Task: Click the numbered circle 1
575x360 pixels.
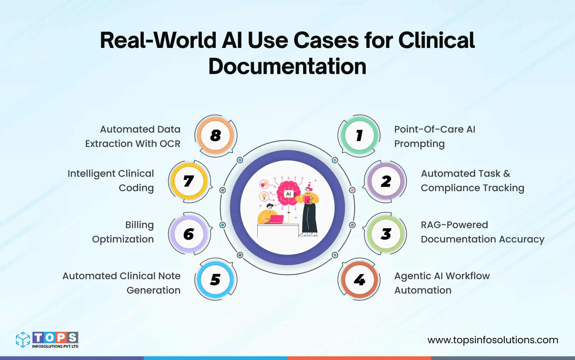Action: tap(359, 135)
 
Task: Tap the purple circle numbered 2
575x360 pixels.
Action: tap(386, 181)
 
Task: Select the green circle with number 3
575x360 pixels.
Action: tap(386, 234)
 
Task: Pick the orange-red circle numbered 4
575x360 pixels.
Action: tap(359, 280)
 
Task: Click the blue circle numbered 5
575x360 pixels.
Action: tap(215, 280)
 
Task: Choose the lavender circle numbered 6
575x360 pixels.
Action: tap(189, 234)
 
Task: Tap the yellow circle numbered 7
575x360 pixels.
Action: tap(189, 181)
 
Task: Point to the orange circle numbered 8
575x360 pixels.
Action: tap(215, 135)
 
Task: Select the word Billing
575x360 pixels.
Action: tap(139, 225)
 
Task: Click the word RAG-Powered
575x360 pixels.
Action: tap(454, 225)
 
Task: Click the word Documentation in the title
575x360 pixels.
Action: tap(287, 66)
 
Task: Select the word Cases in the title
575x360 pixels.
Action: tap(326, 40)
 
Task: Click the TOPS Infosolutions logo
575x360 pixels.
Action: tap(47, 340)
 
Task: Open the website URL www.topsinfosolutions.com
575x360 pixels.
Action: tap(493, 340)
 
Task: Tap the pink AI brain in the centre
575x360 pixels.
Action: tap(289, 192)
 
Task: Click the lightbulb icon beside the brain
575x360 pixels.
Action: tap(264, 196)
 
